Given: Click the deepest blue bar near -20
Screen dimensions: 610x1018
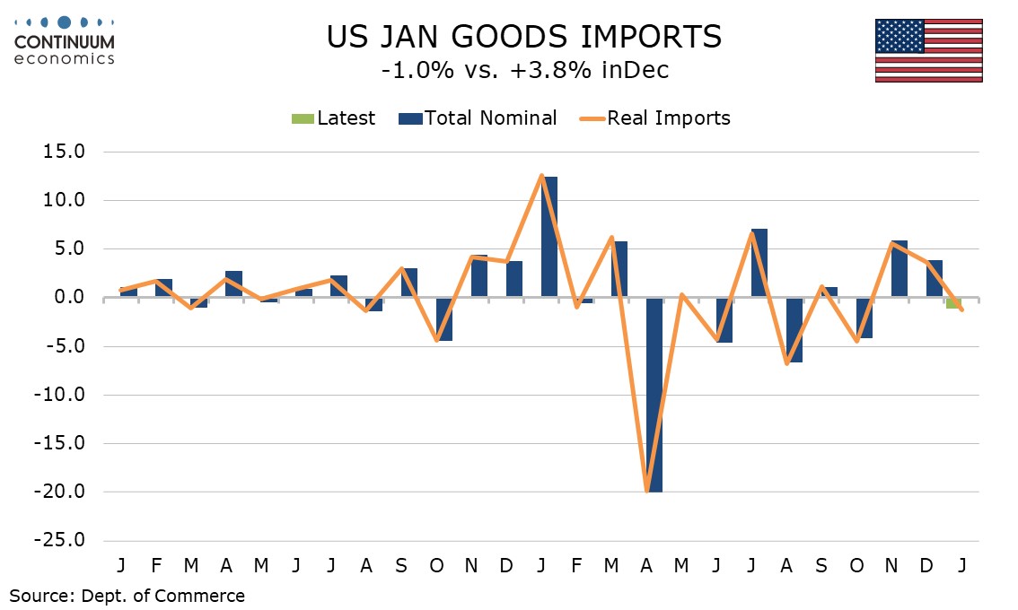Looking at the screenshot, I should (x=654, y=395).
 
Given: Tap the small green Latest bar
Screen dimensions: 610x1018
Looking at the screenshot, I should (x=952, y=303).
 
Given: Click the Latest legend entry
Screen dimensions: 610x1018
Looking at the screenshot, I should (x=333, y=118).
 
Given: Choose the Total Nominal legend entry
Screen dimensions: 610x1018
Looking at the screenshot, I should (x=479, y=118).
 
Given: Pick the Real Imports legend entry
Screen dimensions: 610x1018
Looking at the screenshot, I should (x=654, y=118).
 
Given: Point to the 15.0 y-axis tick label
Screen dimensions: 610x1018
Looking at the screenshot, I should (x=62, y=152).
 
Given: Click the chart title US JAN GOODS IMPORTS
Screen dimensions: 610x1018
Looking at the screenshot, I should (x=523, y=37).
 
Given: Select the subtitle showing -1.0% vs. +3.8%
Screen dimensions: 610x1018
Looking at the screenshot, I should (x=524, y=70).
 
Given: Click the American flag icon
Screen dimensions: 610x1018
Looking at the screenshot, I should (x=929, y=49).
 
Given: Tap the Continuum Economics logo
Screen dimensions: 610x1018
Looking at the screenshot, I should (x=64, y=39).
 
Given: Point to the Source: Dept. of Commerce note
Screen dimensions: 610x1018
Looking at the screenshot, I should (x=127, y=595).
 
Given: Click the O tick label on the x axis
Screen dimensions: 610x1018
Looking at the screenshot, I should (x=436, y=566).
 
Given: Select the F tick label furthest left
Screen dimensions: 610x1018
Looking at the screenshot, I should (x=155, y=566).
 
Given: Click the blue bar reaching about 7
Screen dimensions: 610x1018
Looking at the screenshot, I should (x=759, y=263).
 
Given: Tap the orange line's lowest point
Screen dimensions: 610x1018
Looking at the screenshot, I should (x=646, y=491).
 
